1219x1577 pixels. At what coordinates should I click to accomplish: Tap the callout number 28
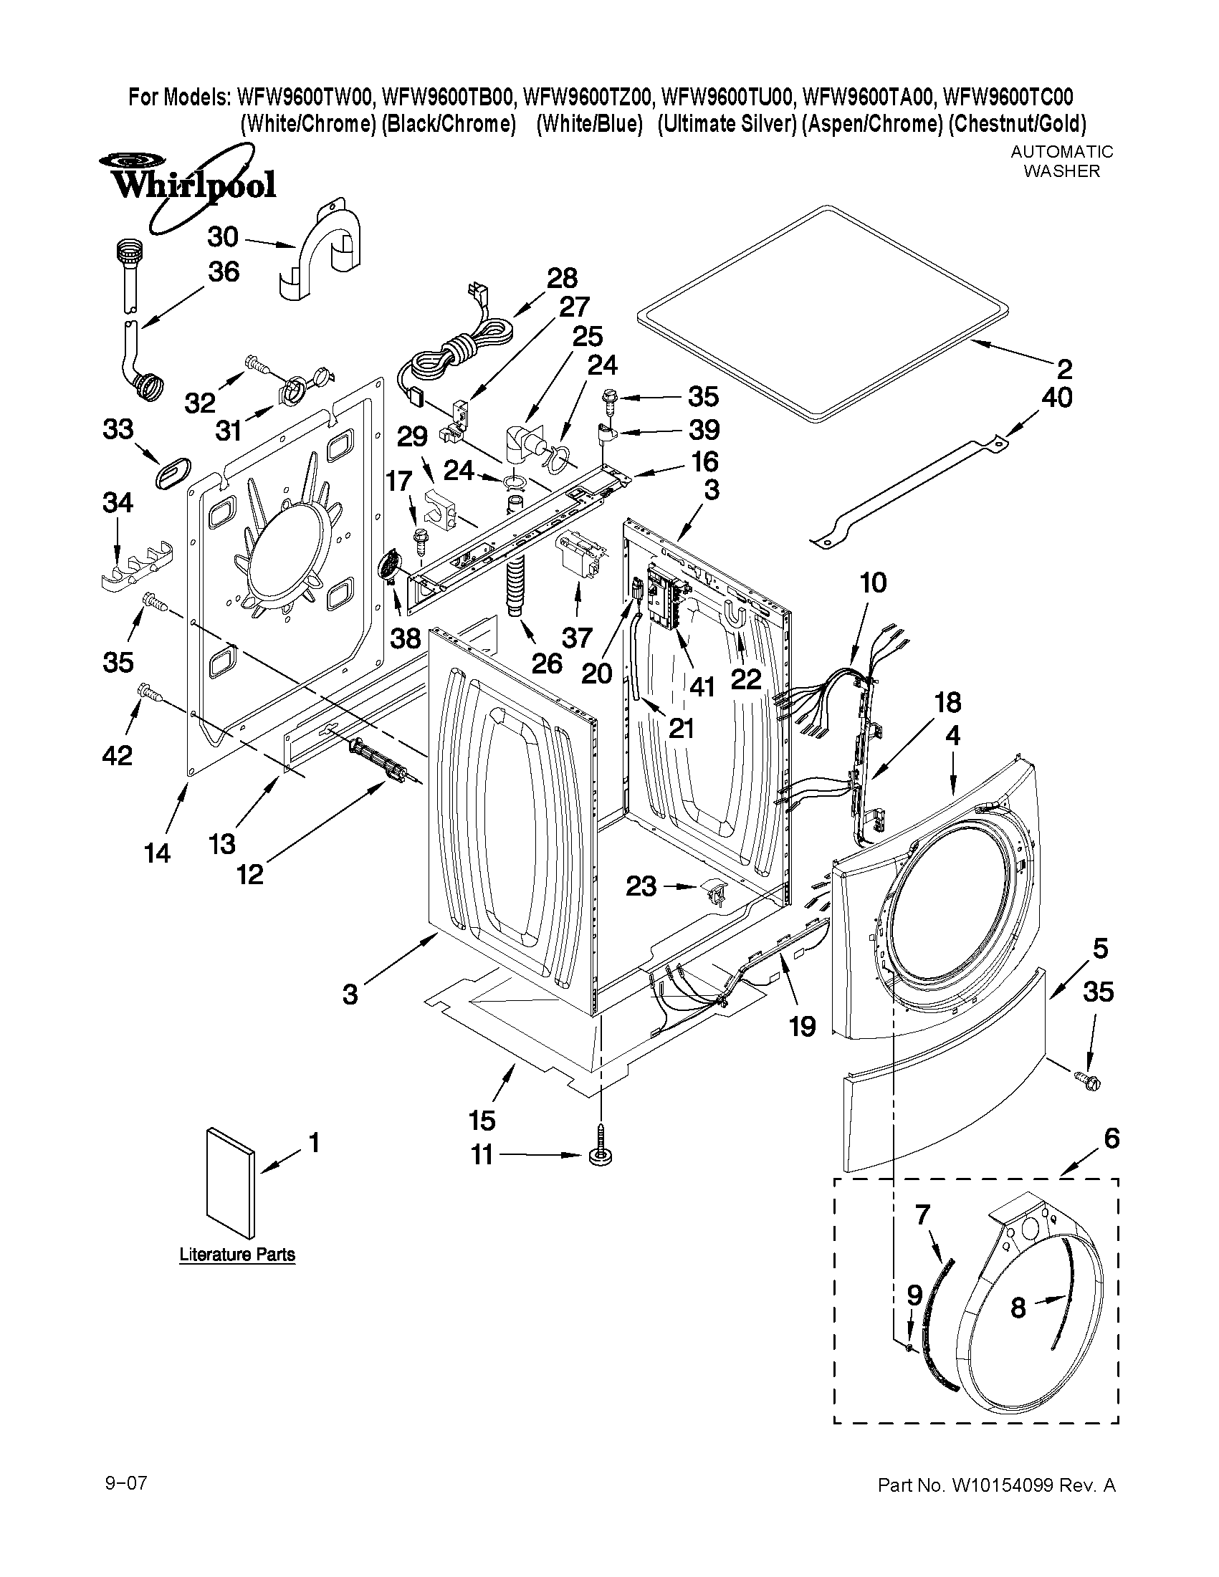[x=562, y=278]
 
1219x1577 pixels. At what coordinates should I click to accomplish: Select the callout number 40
[x=1056, y=397]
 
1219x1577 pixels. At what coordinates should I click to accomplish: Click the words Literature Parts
[x=237, y=1255]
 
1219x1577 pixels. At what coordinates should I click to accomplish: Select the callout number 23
[x=641, y=886]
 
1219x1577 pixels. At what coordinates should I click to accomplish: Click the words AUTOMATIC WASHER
[x=1061, y=161]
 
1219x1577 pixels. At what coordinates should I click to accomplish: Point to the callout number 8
[x=1018, y=1306]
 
